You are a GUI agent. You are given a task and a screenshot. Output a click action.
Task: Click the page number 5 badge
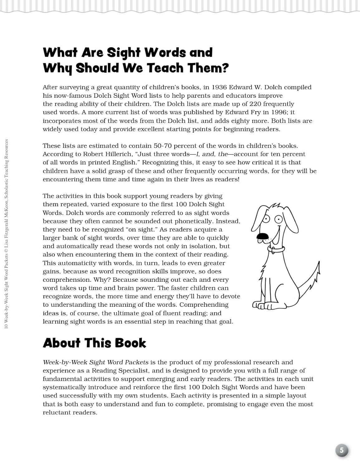[342, 451]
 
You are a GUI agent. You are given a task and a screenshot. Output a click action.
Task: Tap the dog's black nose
[262, 237]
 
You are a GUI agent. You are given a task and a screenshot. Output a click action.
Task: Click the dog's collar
[276, 249]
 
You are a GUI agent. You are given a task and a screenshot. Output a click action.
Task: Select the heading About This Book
[94, 343]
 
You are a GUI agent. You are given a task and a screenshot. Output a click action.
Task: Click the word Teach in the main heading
[165, 68]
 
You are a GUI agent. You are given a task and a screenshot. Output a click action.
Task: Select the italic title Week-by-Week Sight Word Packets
[95, 362]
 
